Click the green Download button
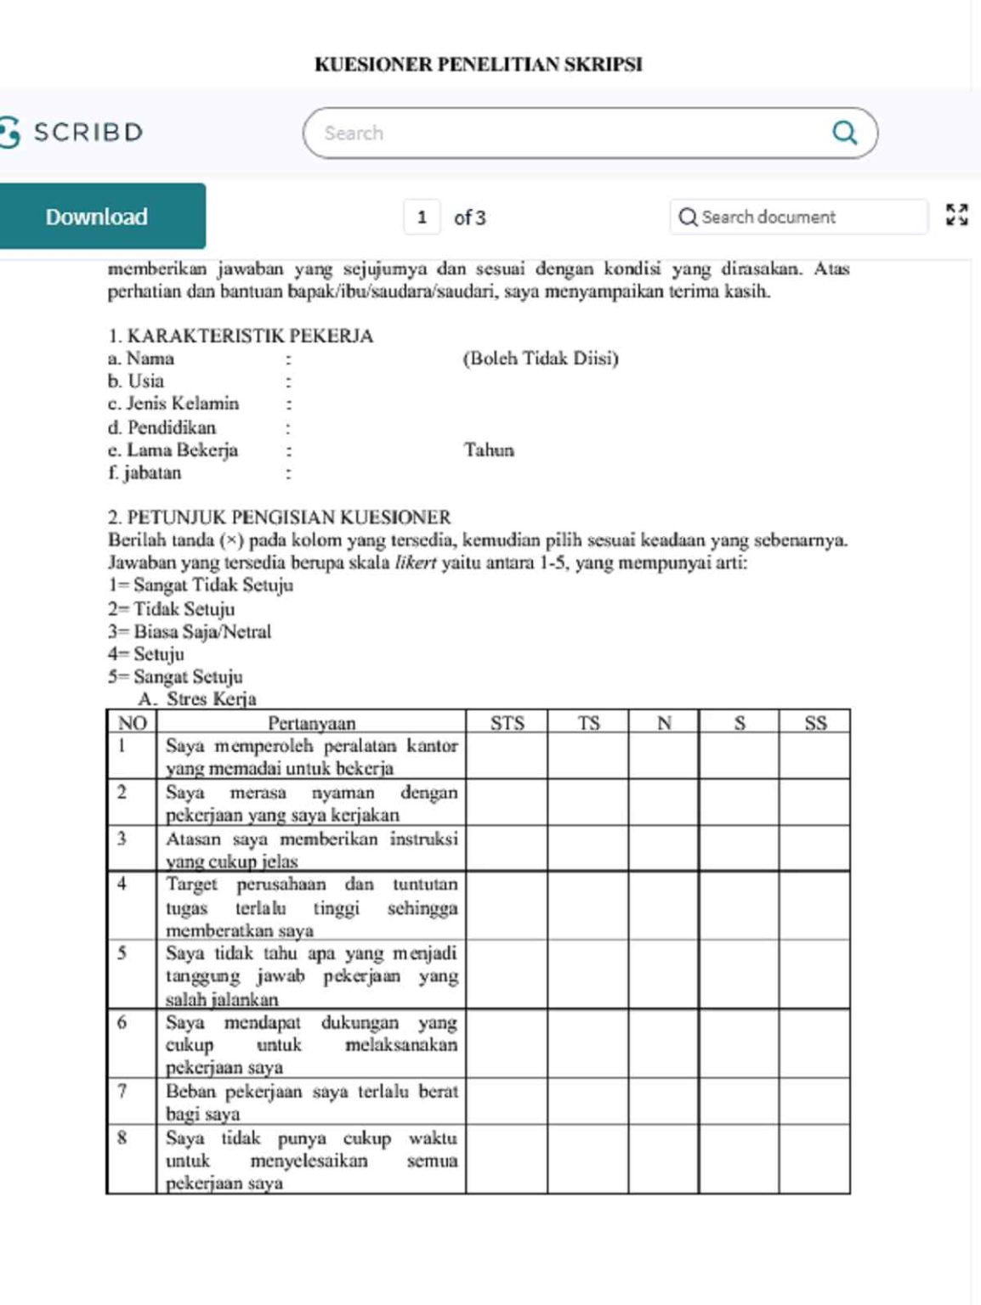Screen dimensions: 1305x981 pos(97,217)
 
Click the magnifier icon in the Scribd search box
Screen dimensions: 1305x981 pos(844,133)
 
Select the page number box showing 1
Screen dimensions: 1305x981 pos(422,217)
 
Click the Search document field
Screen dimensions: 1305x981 pos(799,217)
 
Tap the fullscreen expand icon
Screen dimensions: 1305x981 pos(956,216)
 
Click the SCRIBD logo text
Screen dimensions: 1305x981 pos(88,133)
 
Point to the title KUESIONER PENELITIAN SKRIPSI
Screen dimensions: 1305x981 pos(479,65)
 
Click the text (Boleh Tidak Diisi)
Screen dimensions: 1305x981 pos(541,359)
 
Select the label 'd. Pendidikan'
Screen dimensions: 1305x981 pos(162,427)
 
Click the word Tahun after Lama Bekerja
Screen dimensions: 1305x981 pos(489,450)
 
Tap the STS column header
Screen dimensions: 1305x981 pos(507,723)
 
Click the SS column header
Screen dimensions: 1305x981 pos(815,723)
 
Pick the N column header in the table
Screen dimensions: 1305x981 pos(664,723)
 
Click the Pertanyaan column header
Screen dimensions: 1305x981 pos(311,723)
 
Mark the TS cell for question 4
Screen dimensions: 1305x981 pos(588,906)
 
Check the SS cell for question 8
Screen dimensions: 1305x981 pos(815,1159)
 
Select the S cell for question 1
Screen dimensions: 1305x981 pos(739,756)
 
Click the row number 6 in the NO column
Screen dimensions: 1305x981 pos(122,1023)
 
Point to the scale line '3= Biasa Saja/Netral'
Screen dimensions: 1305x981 pos(190,632)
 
